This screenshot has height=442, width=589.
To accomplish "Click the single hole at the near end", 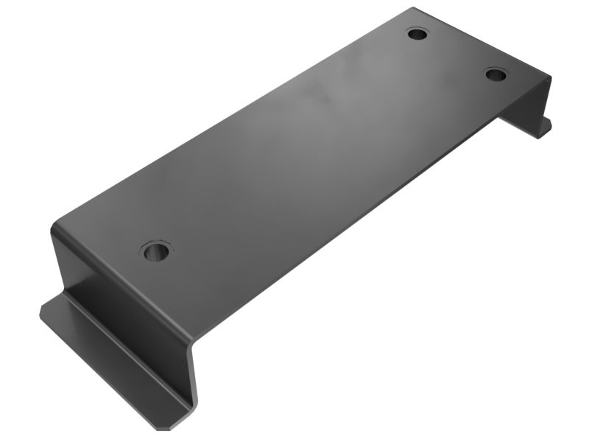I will click(155, 252).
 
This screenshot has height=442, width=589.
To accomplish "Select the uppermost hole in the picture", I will click(417, 34).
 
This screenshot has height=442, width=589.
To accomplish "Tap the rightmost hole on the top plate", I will click(495, 74).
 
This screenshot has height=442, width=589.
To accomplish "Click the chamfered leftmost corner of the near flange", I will click(43, 313).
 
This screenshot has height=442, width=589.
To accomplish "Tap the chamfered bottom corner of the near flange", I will click(166, 426).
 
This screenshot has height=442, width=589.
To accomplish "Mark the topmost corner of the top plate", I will click(414, 9).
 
